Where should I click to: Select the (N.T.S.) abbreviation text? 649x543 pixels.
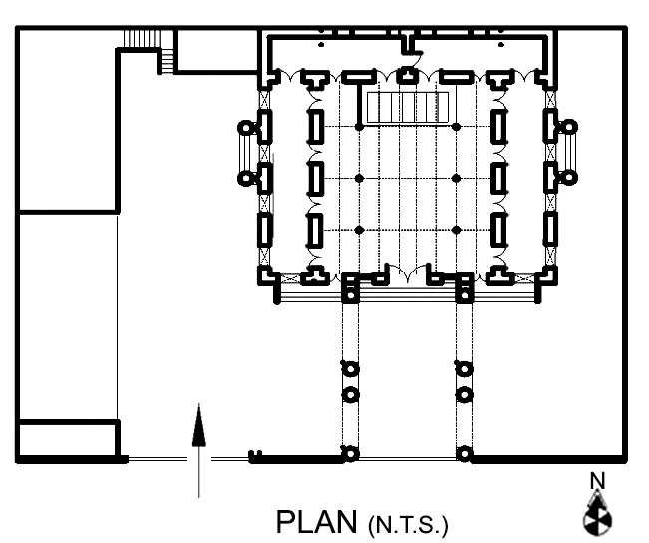(408, 525)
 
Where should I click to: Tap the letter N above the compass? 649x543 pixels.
(597, 481)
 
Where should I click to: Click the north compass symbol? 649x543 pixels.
(597, 514)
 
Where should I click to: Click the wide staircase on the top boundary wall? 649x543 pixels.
(142, 39)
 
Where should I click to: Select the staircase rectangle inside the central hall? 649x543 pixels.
(408, 108)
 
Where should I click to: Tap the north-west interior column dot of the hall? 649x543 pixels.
(359, 127)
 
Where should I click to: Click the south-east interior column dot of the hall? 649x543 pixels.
(457, 230)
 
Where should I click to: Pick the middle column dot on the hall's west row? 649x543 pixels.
(359, 178)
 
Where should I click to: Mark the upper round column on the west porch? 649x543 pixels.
(246, 127)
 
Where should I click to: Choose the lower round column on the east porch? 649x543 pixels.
(568, 178)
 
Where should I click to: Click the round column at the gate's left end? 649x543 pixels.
(350, 454)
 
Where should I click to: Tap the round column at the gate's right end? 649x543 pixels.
(464, 454)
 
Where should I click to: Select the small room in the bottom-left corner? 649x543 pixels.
(68, 440)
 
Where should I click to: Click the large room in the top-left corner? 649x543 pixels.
(68, 120)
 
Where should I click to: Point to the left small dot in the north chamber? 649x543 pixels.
(321, 44)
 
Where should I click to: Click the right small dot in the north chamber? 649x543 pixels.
(501, 44)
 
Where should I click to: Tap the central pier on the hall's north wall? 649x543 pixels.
(408, 76)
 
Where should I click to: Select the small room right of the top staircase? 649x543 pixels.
(217, 50)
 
